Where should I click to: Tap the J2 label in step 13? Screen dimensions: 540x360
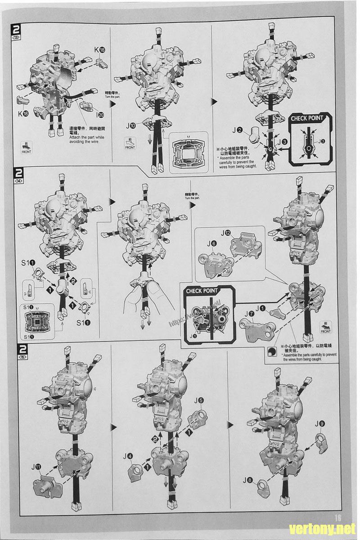point(239,131)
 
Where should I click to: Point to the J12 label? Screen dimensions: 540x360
point(226,233)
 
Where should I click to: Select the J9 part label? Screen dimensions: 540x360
point(319,423)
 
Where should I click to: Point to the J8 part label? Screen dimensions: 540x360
point(247,480)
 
